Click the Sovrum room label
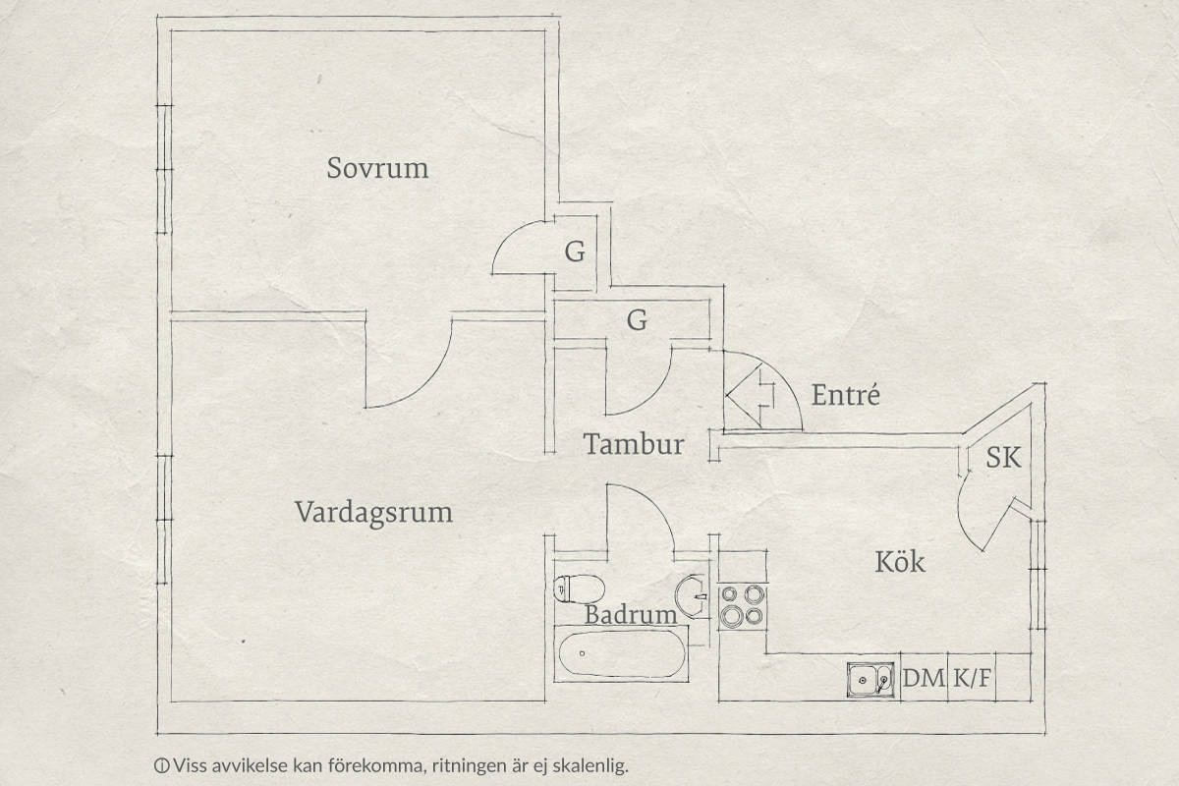tap(377, 168)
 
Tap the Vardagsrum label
tap(373, 513)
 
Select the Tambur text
tap(634, 444)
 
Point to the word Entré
tap(845, 395)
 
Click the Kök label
tap(900, 562)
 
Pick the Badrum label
tap(631, 615)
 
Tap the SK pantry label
tap(1003, 457)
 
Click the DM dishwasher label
tap(924, 678)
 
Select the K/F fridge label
tap(972, 678)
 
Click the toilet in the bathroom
tap(579, 589)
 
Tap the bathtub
tap(622, 654)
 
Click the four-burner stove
tap(743, 606)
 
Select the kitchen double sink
tap(870, 680)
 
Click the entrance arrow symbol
tap(750, 397)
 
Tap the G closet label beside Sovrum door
tap(575, 253)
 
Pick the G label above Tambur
tap(637, 320)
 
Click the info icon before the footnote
tap(161, 765)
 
